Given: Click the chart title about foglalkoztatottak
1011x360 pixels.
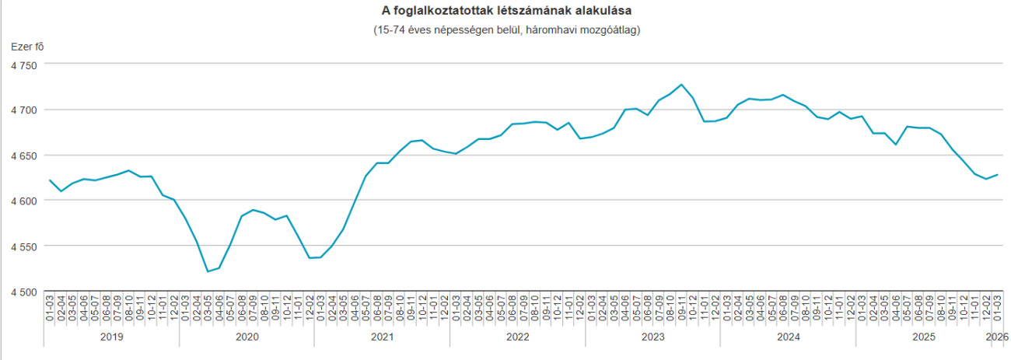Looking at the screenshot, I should point(505,11).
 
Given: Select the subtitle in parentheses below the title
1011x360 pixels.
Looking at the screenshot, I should point(505,30).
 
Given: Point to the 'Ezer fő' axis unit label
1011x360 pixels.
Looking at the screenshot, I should point(27,47).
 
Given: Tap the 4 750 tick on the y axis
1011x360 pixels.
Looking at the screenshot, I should point(23,65).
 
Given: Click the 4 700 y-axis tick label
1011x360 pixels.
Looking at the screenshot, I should point(23,110).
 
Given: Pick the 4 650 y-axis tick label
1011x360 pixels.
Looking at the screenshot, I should point(23,156).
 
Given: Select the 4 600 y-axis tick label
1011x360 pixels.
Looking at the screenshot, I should point(23,201).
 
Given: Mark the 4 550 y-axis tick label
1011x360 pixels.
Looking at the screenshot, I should point(23,246).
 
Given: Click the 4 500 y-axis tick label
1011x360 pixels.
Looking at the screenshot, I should point(23,292).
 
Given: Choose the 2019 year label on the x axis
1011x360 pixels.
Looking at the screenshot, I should point(111,337).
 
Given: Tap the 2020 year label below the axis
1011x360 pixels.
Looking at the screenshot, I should point(247,337).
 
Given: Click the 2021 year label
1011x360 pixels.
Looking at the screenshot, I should point(382,337).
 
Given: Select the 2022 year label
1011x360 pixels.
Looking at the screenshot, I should point(517,337).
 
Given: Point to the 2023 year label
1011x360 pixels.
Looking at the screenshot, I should point(652,337).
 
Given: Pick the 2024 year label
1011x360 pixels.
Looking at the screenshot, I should point(788,337).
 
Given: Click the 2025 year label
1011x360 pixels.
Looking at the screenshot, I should point(923,337).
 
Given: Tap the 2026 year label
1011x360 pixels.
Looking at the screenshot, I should point(996,337).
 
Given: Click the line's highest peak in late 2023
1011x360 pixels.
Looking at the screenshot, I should point(681,84).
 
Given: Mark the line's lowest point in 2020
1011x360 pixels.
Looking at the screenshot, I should point(208,271).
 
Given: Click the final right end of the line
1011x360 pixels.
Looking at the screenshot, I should point(997,174).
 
